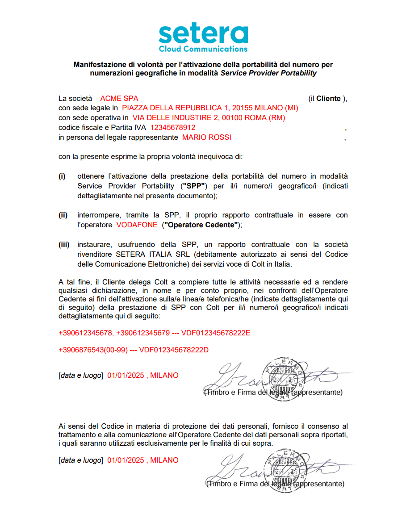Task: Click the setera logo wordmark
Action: [x=203, y=34]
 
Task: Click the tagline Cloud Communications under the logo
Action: [x=203, y=49]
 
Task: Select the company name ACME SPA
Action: [x=119, y=98]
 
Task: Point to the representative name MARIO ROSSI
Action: [x=207, y=138]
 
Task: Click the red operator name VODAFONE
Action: [x=137, y=225]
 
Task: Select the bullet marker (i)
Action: [x=62, y=176]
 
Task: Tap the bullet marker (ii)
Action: [x=63, y=215]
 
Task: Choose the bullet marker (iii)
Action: [x=64, y=245]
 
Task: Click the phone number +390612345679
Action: [x=142, y=333]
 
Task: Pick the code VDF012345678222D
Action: [x=174, y=350]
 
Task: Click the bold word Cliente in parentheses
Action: [x=328, y=98]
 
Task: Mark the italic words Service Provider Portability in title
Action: [x=268, y=73]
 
